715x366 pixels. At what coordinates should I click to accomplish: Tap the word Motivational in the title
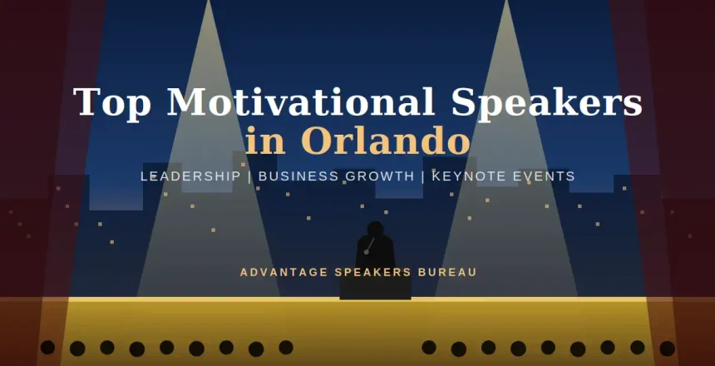(x=301, y=102)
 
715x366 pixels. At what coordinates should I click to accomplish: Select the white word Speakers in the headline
(x=546, y=102)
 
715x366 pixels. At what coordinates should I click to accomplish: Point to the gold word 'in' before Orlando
(x=264, y=141)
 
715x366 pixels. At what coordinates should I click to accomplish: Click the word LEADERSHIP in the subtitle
(x=191, y=176)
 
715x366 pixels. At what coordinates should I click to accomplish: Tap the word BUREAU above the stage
(x=450, y=272)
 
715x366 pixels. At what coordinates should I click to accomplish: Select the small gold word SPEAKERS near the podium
(x=367, y=272)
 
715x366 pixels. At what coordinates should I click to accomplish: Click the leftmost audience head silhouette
(x=47, y=347)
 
